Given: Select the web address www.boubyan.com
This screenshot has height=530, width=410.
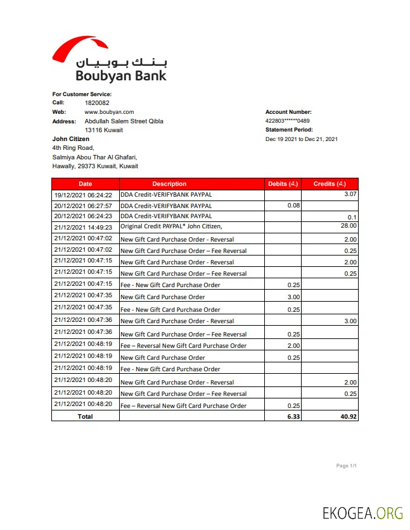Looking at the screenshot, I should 109,112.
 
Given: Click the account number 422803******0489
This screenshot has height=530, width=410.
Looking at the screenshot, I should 287,121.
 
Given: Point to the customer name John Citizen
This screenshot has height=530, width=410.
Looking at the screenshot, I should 70,139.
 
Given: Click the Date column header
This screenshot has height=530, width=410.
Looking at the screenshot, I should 85,184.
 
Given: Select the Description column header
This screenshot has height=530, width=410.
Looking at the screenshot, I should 169,184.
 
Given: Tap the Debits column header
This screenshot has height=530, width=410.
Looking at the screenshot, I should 283,184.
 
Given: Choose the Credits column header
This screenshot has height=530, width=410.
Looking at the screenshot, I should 330,184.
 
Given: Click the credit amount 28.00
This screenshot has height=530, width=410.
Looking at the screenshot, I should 349,226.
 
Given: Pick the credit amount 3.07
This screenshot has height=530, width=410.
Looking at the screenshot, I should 350,194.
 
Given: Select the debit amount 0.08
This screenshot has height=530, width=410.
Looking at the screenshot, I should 293,206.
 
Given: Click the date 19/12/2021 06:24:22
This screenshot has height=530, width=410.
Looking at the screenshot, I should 83,195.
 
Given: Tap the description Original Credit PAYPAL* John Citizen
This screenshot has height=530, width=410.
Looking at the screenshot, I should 171,226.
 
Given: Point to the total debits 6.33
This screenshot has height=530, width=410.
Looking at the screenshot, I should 293,416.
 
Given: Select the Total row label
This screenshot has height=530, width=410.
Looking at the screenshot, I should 85,416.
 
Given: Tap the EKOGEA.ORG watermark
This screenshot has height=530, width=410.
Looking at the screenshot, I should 362,514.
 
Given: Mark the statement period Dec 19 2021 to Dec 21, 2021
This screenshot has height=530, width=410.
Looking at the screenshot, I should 301,139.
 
